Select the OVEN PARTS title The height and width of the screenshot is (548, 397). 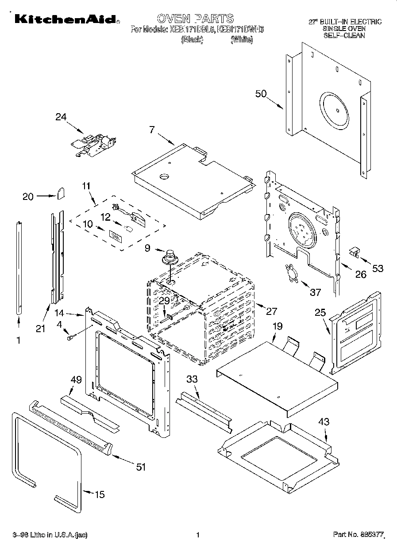[195, 19]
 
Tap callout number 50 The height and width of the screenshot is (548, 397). [261, 94]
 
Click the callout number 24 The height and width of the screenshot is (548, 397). [61, 117]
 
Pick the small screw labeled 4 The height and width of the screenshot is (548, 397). [70, 338]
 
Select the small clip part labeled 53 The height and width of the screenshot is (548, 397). [354, 252]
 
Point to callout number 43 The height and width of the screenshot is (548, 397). [324, 422]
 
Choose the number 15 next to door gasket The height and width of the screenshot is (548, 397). [100, 494]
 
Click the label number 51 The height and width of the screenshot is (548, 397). [140, 467]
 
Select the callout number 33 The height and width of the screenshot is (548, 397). [192, 379]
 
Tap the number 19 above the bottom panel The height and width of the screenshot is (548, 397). [277, 327]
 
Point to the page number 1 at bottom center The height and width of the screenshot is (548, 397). [198, 535]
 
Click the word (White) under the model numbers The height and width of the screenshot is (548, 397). [242, 40]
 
